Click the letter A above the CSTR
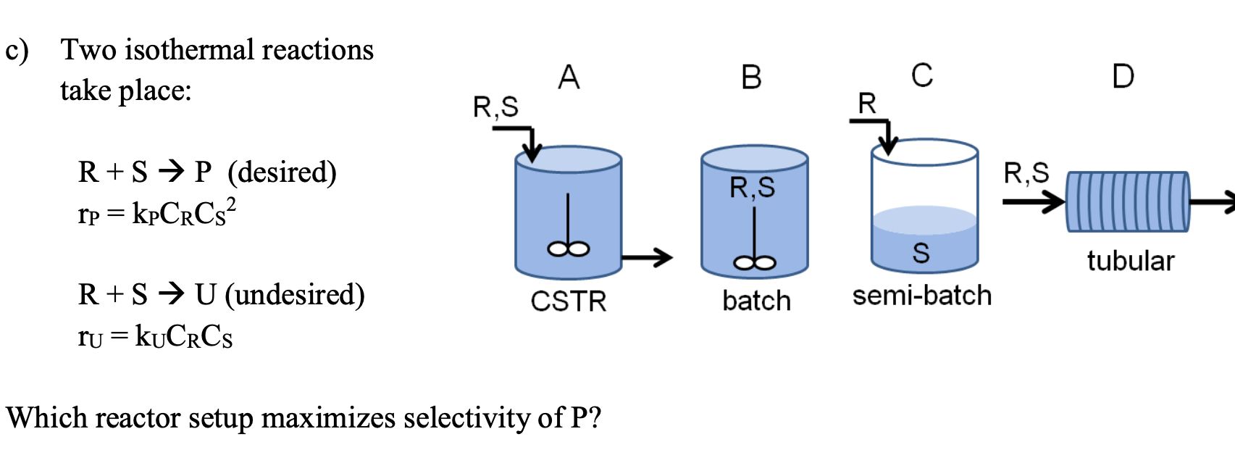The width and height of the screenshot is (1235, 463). (569, 77)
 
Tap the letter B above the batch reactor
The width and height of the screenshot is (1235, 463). (752, 77)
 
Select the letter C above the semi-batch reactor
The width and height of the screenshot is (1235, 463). (922, 75)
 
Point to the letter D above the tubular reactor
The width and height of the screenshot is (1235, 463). (1123, 76)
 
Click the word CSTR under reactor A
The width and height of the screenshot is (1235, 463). (568, 301)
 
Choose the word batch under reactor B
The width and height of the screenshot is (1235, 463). (756, 301)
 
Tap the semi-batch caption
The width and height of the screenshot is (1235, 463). (921, 296)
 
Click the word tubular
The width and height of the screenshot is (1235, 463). (1130, 261)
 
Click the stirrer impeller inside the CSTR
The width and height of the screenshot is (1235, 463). (569, 249)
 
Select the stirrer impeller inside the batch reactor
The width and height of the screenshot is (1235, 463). (755, 262)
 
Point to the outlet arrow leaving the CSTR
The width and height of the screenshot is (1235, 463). (647, 256)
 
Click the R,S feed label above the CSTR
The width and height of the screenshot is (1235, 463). (495, 107)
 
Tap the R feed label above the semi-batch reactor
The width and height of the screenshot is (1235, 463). (867, 104)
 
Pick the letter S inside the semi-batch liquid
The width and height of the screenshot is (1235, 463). (921, 253)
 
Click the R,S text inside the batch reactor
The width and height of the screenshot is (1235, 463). (752, 188)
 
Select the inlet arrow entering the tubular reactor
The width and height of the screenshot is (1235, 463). (1033, 201)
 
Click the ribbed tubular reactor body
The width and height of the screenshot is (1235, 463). (1127, 201)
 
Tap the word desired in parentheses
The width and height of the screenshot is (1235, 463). (282, 172)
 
